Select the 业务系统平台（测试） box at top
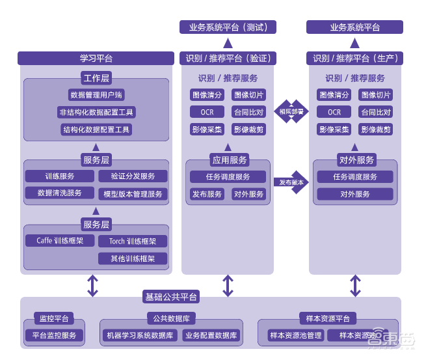click(x=228, y=27)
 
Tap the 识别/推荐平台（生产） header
click(x=354, y=59)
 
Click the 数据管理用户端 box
click(x=96, y=95)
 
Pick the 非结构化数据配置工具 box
click(x=96, y=113)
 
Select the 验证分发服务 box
click(x=133, y=176)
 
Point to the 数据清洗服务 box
click(x=60, y=193)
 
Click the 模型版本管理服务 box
click(x=133, y=194)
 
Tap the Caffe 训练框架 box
click(x=60, y=241)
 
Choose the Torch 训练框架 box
click(x=133, y=242)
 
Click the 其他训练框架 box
click(x=133, y=258)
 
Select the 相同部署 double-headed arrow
click(x=291, y=111)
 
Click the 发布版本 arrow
click(x=291, y=182)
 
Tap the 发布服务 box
click(x=207, y=194)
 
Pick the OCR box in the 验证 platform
click(x=207, y=112)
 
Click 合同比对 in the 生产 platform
click(x=376, y=112)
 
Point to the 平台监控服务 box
click(x=55, y=336)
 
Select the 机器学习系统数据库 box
click(x=140, y=336)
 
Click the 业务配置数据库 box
click(x=211, y=336)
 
